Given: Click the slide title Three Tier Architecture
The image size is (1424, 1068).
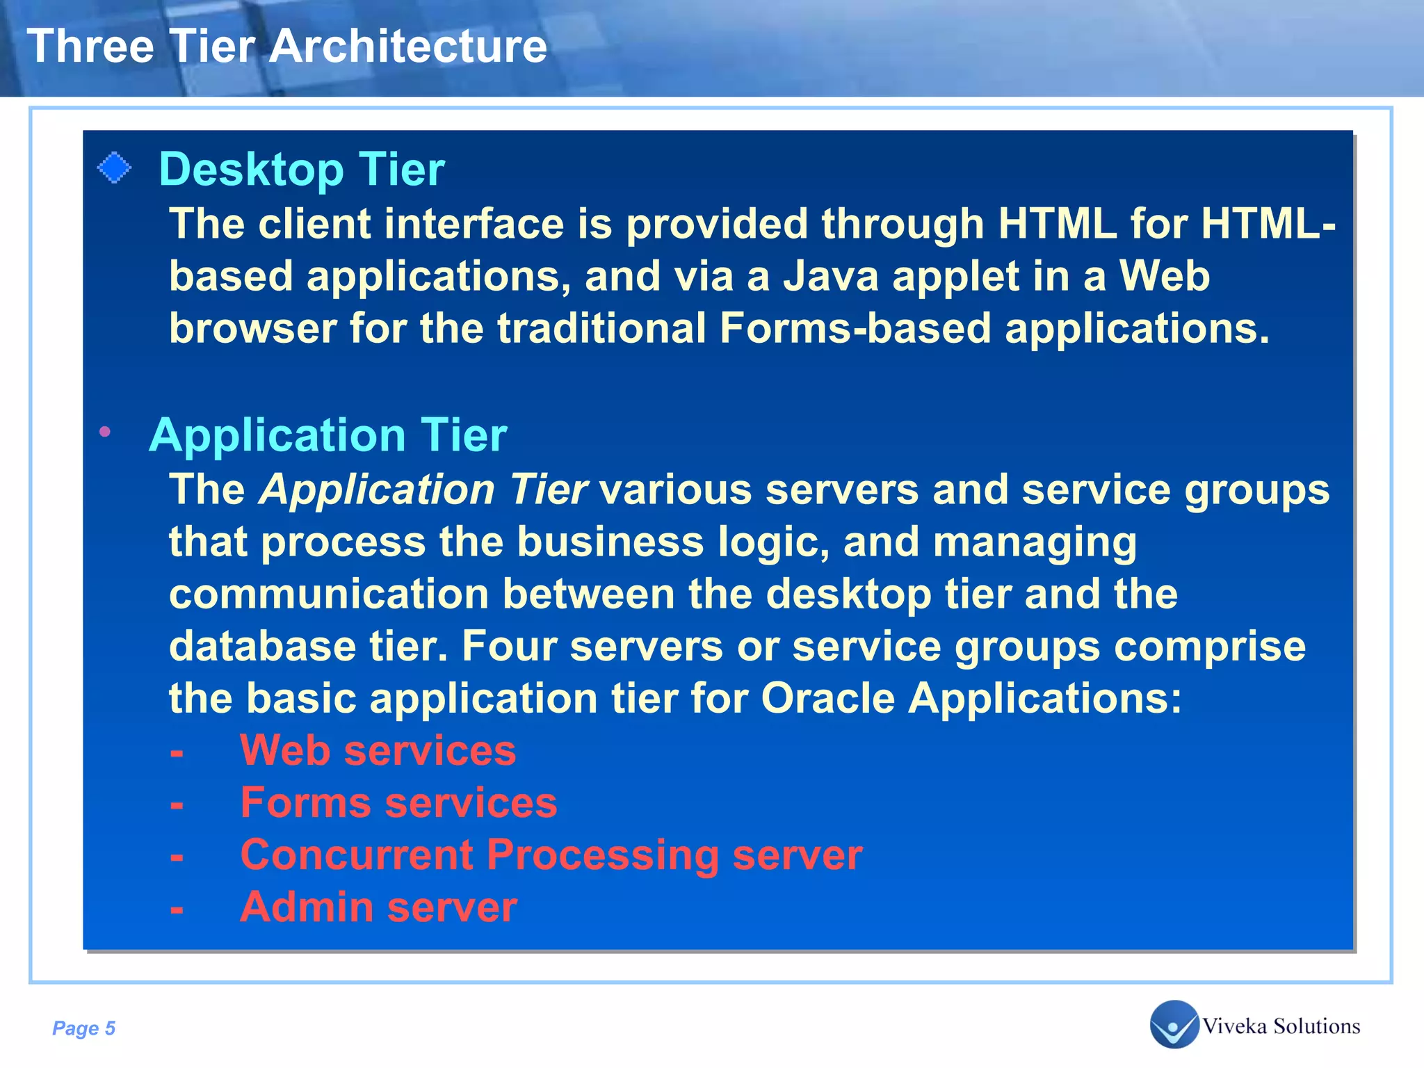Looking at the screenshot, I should pos(286,47).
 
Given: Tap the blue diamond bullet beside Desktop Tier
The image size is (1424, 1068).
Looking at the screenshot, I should pos(114,168).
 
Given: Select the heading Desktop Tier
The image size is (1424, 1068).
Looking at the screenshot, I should pos(301,169).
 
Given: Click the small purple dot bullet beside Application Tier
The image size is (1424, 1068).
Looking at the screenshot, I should pos(105,432).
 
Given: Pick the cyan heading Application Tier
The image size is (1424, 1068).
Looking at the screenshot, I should pos(327,435).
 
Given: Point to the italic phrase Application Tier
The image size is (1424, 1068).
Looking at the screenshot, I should pos(423,489).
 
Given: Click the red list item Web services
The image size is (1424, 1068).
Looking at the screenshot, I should pos(378,751).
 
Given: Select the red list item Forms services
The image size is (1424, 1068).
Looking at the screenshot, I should pos(398,803).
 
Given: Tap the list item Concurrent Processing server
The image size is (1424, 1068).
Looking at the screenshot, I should pos(551,855).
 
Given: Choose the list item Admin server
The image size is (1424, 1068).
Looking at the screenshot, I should pos(378,907).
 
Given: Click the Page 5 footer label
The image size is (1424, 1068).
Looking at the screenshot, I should pos(83,1028).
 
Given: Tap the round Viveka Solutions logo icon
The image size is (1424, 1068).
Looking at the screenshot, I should pos(1174,1024).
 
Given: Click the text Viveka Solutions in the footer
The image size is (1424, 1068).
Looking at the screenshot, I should pos(1281,1026).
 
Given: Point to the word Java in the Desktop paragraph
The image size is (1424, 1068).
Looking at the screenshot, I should pos(831,276).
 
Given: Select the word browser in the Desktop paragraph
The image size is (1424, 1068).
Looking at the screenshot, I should pos(252,328).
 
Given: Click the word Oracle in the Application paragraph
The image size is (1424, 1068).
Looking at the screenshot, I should pos(827,698).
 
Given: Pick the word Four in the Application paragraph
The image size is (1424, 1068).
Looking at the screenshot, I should pos(508,646).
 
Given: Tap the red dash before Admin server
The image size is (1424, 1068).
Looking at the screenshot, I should pos(177,909).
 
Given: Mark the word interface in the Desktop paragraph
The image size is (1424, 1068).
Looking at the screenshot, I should pos(497,224).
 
